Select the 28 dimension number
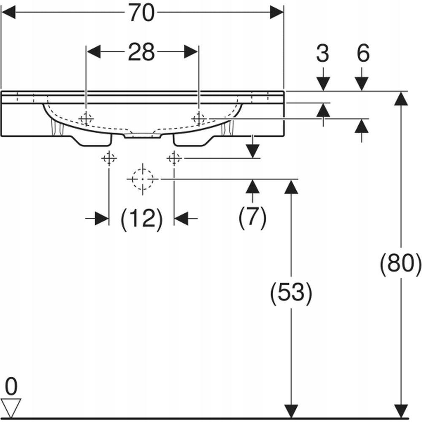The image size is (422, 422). pyautogui.click(x=141, y=52)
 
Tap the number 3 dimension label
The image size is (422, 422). pyautogui.click(x=322, y=53)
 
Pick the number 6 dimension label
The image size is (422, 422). pyautogui.click(x=363, y=53)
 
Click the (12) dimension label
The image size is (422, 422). pyautogui.click(x=142, y=219)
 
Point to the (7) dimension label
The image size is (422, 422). pyautogui.click(x=252, y=217)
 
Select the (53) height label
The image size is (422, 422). pyautogui.click(x=291, y=293)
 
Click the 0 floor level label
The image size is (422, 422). pyautogui.click(x=11, y=387)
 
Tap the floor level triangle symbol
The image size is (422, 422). pyautogui.click(x=11, y=408)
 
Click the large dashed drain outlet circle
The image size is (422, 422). pyautogui.click(x=142, y=179)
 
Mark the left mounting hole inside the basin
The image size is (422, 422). pyautogui.click(x=86, y=119)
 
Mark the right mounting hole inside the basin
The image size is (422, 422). pyautogui.click(x=199, y=119)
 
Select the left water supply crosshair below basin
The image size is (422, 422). pyautogui.click(x=109, y=158)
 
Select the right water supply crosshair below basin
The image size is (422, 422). pyautogui.click(x=174, y=158)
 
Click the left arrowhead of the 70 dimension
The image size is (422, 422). pyautogui.click(x=8, y=12)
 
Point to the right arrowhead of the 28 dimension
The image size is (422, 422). pyautogui.click(x=191, y=51)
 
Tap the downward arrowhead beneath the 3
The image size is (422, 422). pyautogui.click(x=323, y=84)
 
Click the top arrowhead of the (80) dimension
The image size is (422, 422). pyautogui.click(x=401, y=98)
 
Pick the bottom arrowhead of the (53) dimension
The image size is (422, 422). pyautogui.click(x=291, y=411)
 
